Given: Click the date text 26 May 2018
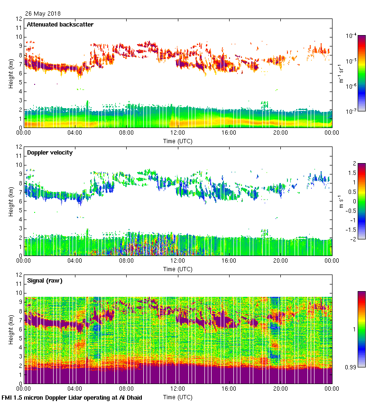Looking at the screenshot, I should tap(43, 14).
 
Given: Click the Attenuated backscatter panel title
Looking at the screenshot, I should tap(60, 24).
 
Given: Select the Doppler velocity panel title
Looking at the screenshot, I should tap(49, 153).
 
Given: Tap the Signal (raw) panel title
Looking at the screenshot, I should tap(45, 281).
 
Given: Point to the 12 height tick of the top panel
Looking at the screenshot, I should tap(19, 18).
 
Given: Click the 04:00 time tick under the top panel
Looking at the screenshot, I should tap(75, 133).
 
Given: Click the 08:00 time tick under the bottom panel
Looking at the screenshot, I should tap(126, 389).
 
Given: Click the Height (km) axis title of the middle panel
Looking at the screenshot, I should tap(10, 201).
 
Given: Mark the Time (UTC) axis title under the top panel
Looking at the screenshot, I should tap(178, 141).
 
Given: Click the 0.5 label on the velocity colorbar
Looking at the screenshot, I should tap(354, 192).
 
